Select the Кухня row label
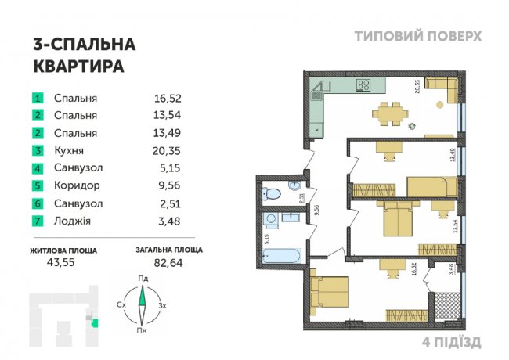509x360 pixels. pyautogui.click(x=69, y=150)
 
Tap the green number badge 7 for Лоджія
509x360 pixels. pyautogui.click(x=37, y=221)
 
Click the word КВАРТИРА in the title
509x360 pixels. pyautogui.click(x=78, y=67)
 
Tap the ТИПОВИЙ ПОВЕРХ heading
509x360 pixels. pyautogui.click(x=418, y=36)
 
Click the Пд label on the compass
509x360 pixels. pyautogui.click(x=143, y=278)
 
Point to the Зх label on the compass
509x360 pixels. pyautogui.click(x=162, y=305)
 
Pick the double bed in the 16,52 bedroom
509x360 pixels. pyautogui.click(x=329, y=294)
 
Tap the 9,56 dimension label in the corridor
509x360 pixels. pyautogui.click(x=307, y=210)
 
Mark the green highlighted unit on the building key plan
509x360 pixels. pyautogui.click(x=96, y=322)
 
